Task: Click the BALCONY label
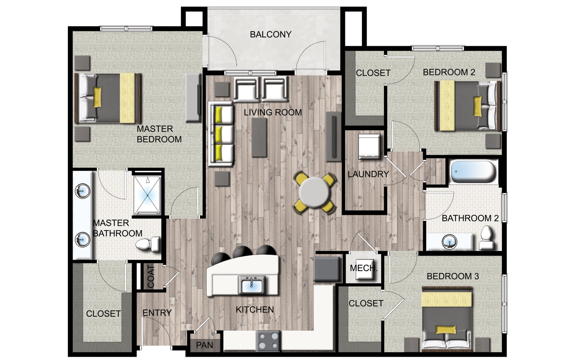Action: coord(271,34)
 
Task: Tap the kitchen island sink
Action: coord(251,285)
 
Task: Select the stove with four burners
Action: coord(268,341)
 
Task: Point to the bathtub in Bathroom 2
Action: coord(473,171)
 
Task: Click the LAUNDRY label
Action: coord(368,174)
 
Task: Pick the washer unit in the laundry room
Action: coord(369,146)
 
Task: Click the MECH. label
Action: coord(363,268)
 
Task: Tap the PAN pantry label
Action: coord(204,345)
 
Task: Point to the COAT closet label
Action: coord(151,277)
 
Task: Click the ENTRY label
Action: coord(157,313)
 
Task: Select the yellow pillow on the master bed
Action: coord(97,97)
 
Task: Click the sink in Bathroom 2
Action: coord(449,242)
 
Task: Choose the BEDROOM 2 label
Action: coord(449,72)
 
